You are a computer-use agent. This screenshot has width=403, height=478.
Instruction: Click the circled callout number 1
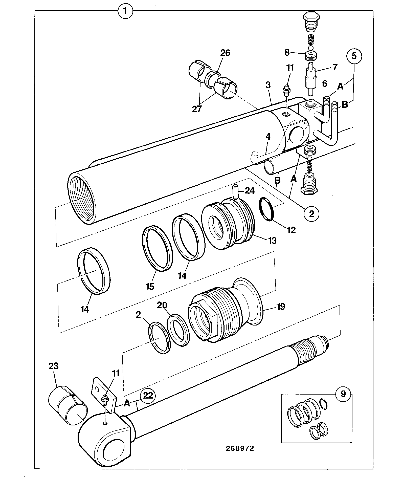coord(125,11)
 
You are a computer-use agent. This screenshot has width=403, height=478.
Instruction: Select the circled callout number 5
coord(354,56)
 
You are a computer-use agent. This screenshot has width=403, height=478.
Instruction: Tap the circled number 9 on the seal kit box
coord(343,394)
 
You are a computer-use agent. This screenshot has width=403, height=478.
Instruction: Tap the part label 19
coord(280,307)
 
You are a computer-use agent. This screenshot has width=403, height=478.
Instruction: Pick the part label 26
coord(225,53)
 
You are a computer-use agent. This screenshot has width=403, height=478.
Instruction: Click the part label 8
coord(287,53)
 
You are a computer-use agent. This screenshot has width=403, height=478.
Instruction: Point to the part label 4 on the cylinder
coord(268,137)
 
